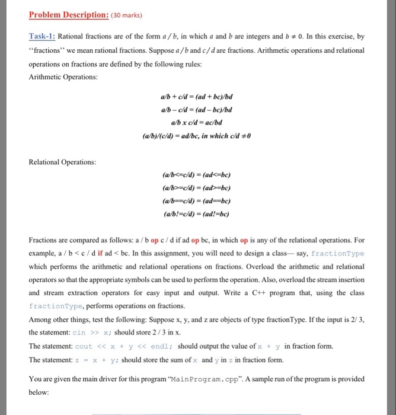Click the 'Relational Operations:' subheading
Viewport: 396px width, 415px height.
[x=62, y=161]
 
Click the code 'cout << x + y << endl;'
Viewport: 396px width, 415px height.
[x=124, y=346]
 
